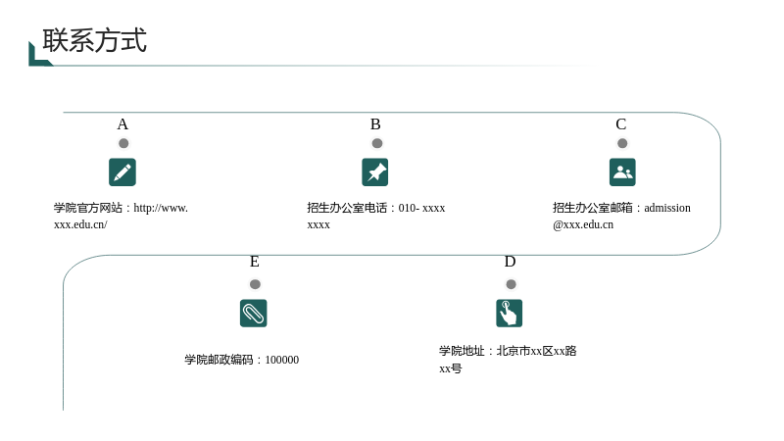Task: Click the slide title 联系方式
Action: click(94, 40)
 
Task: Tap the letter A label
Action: click(122, 124)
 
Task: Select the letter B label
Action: click(375, 124)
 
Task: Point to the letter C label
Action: click(621, 124)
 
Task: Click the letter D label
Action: click(510, 262)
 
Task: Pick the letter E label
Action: click(255, 262)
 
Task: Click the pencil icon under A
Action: click(122, 172)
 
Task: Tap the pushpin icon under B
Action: click(375, 172)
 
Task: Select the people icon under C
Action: click(622, 172)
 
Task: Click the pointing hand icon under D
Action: click(509, 313)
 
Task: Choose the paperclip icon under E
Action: click(254, 313)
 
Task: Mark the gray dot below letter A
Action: click(123, 143)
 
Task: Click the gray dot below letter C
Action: click(622, 143)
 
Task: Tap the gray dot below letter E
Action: click(255, 284)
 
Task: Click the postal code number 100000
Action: click(282, 360)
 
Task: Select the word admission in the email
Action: click(667, 208)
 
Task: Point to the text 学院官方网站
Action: click(88, 208)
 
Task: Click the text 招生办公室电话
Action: click(347, 208)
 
